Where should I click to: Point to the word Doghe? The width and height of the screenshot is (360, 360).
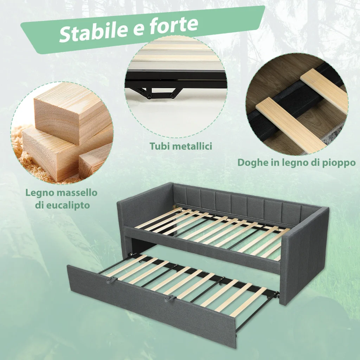tap(252, 163)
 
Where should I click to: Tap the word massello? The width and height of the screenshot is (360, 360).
tap(77, 193)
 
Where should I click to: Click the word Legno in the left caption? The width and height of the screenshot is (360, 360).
tap(40, 193)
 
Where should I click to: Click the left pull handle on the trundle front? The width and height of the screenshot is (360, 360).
tap(112, 279)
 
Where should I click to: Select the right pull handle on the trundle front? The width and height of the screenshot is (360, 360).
tap(170, 298)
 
